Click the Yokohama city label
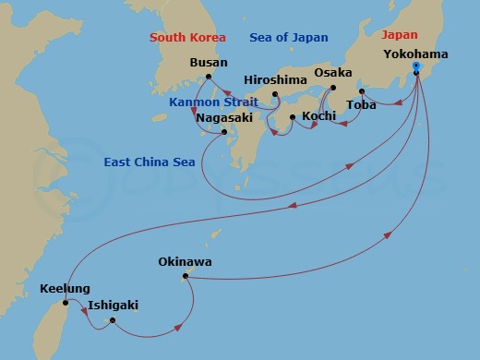pyautogui.click(x=415, y=54)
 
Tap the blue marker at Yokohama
pyautogui.click(x=416, y=67)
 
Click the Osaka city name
pyautogui.click(x=332, y=72)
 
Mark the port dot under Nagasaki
pyautogui.click(x=224, y=133)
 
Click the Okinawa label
pyautogui.click(x=185, y=262)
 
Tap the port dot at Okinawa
pyautogui.click(x=186, y=276)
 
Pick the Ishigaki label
pyautogui.click(x=114, y=306)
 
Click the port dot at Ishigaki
pyautogui.click(x=112, y=320)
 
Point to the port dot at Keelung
pyautogui.click(x=66, y=303)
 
